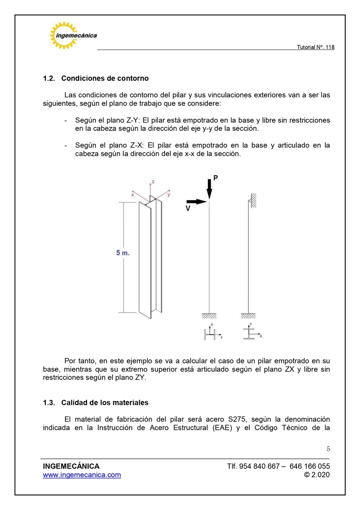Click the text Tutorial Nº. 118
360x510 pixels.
315,47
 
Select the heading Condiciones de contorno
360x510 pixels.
105,78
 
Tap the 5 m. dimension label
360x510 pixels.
123,253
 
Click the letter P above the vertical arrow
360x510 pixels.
216,178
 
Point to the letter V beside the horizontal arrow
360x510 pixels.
188,208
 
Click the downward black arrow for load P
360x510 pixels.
209,189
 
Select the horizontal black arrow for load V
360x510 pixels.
197,201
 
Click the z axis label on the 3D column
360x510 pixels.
153,182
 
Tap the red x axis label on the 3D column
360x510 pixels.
133,195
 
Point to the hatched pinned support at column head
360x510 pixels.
253,201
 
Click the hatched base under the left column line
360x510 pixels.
209,316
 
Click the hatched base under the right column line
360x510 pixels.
248,316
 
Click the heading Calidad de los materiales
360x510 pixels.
105,403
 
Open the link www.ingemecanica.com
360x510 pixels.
82,475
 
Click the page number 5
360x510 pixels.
328,449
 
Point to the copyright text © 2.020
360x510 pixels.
317,475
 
